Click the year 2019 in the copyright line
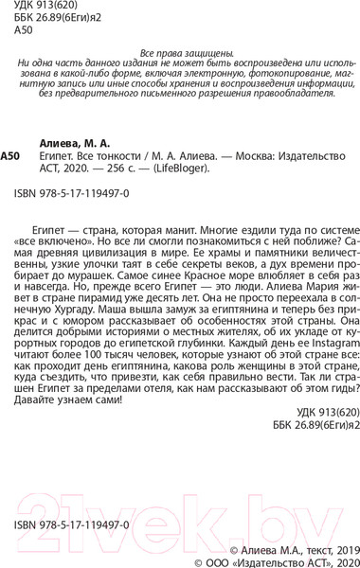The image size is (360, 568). (335, 547)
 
